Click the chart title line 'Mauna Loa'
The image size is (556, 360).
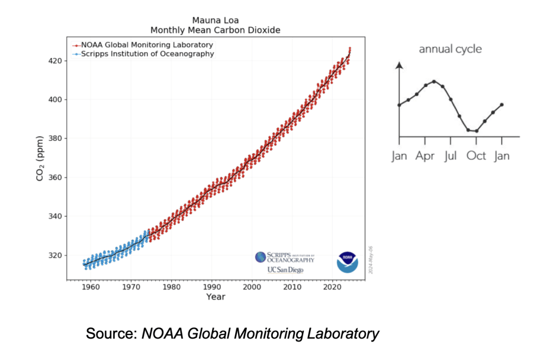(x=216, y=20)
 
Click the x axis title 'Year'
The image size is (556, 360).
(x=216, y=297)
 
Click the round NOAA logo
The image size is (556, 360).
(x=347, y=262)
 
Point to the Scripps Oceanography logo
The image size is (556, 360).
(x=284, y=257)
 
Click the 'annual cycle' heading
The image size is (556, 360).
(x=450, y=49)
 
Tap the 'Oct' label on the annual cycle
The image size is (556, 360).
(x=477, y=156)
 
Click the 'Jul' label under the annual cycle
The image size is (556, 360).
(x=451, y=156)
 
